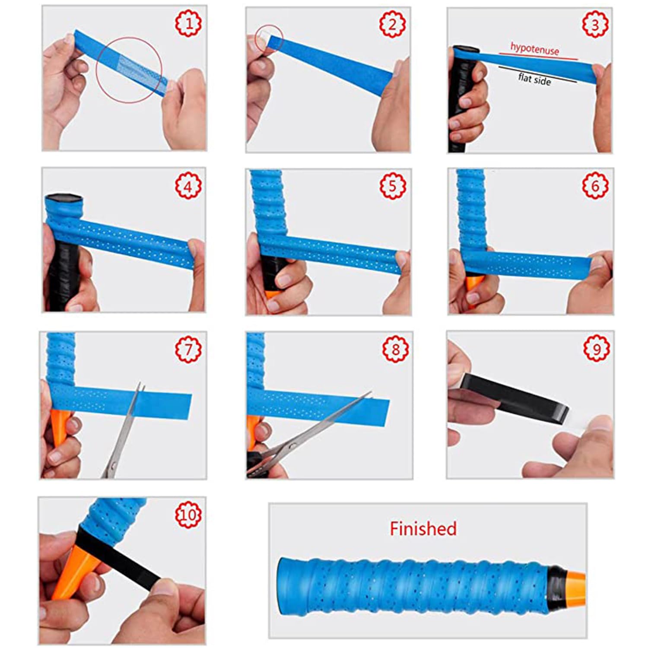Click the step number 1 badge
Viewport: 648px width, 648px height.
(188, 24)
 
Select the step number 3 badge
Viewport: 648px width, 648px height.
(595, 24)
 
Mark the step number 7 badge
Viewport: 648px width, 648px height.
(188, 349)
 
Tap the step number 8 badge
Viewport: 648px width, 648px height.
(395, 349)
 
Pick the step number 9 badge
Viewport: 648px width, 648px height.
(596, 348)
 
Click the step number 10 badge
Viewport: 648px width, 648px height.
(188, 514)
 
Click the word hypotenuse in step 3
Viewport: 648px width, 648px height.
(534, 49)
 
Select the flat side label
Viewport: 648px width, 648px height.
(534, 79)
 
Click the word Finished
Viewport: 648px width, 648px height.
(423, 529)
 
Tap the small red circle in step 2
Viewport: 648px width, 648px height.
(269, 38)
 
